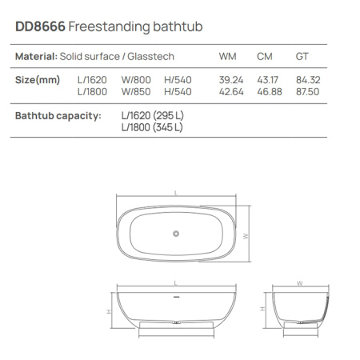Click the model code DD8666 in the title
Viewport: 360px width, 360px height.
(x=40, y=27)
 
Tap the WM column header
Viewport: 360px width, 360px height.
(x=228, y=57)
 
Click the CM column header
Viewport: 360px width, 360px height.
(x=265, y=57)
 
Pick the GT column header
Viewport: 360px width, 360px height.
(x=302, y=57)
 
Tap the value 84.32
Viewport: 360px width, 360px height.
(x=307, y=80)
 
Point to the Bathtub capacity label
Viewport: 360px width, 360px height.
(x=58, y=115)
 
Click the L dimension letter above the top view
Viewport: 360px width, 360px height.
(x=175, y=193)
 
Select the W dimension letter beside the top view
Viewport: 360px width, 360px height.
(x=248, y=235)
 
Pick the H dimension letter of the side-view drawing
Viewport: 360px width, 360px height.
(x=108, y=310)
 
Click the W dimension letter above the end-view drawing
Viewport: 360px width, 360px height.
(x=298, y=283)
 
